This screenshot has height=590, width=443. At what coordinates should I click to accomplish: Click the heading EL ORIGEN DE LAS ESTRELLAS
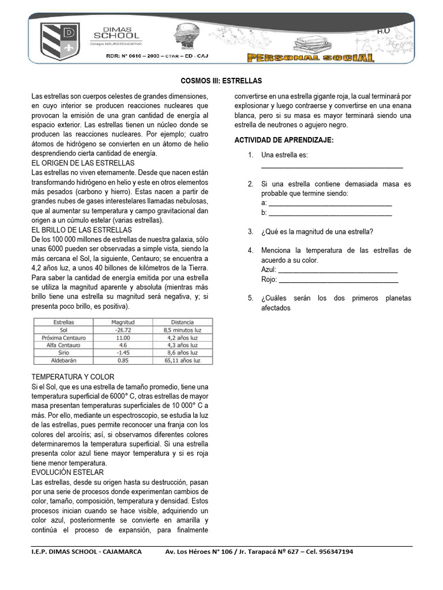tap(83, 164)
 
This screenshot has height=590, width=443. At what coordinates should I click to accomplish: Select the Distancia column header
tap(182, 322)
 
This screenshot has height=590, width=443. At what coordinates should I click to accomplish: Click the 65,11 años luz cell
tap(182, 360)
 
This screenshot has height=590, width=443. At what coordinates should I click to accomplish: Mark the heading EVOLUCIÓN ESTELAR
tap(67, 472)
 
